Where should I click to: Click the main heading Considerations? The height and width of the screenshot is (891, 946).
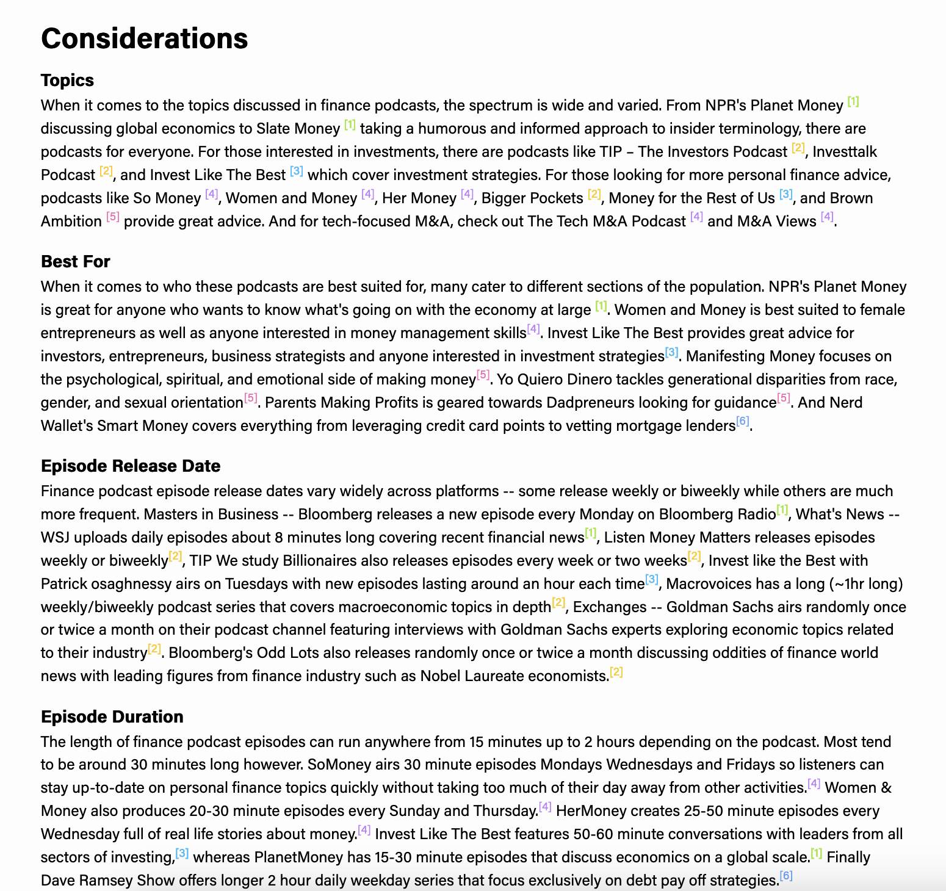144,38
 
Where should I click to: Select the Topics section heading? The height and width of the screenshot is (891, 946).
67,81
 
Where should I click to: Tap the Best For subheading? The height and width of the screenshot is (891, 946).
75,261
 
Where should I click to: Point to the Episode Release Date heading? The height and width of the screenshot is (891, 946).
130,466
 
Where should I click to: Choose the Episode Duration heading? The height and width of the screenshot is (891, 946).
112,716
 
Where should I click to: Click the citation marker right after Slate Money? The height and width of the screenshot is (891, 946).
350,124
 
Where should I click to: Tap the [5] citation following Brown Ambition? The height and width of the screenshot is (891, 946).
113,217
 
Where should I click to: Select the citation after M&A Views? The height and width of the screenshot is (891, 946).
827,217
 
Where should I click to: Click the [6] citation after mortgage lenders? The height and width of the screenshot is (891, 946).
742,421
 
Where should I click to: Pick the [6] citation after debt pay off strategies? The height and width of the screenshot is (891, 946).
786,876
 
